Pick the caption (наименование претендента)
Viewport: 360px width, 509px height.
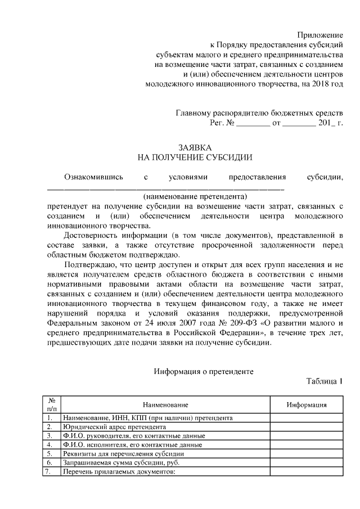pos(195,197)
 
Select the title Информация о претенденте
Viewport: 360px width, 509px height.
pos(204,371)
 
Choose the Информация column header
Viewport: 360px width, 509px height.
pos(307,405)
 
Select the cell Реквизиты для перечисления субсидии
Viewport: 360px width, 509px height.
pos(123,453)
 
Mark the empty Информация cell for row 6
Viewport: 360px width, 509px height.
pos(307,462)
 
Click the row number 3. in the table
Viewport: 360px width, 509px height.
pos(50,436)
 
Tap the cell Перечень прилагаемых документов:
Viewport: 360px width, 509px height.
pos(120,471)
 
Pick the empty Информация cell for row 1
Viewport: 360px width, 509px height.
pos(307,418)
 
